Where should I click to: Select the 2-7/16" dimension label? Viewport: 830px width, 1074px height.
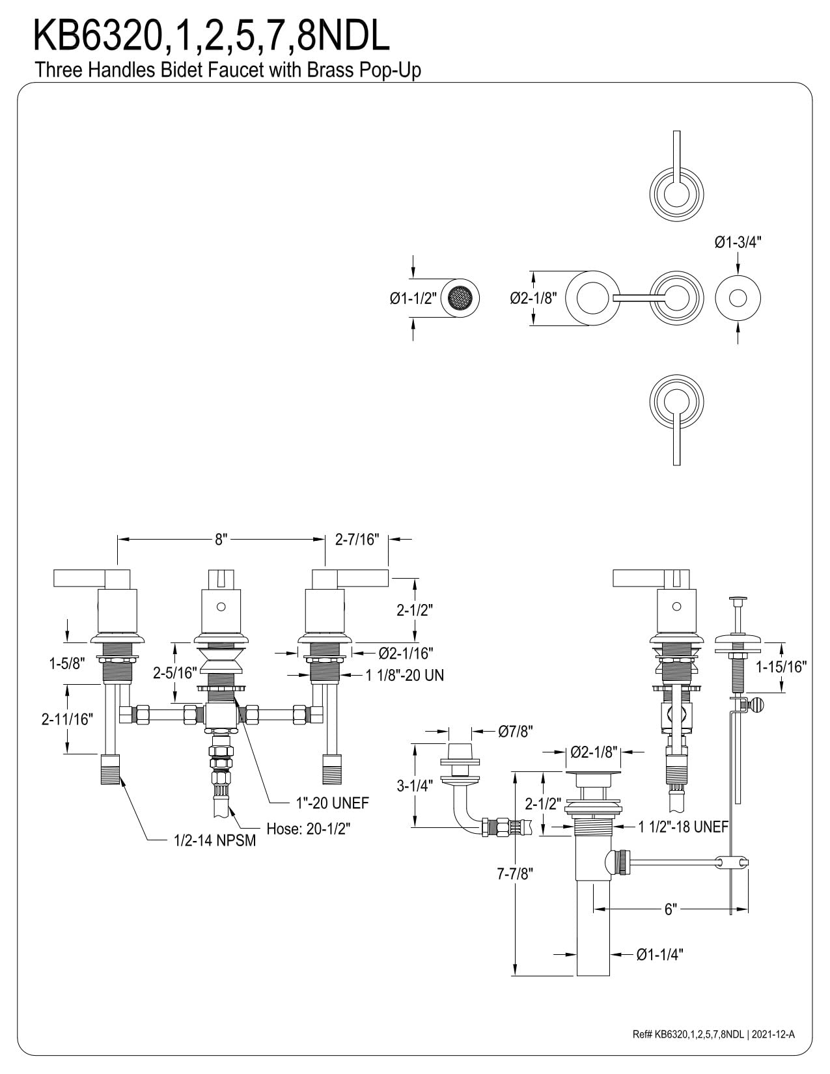(x=357, y=539)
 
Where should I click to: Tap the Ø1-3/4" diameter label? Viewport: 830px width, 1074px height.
(x=738, y=242)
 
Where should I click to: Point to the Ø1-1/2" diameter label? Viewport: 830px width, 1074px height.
(x=413, y=299)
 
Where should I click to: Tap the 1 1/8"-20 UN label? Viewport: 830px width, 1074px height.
(x=405, y=675)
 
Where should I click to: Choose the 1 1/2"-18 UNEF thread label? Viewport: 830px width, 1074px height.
(x=683, y=826)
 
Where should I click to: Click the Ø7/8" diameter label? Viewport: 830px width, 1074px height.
(x=515, y=731)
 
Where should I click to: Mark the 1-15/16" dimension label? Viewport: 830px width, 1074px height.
(x=781, y=667)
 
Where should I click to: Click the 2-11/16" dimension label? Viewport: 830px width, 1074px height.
(x=67, y=719)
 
